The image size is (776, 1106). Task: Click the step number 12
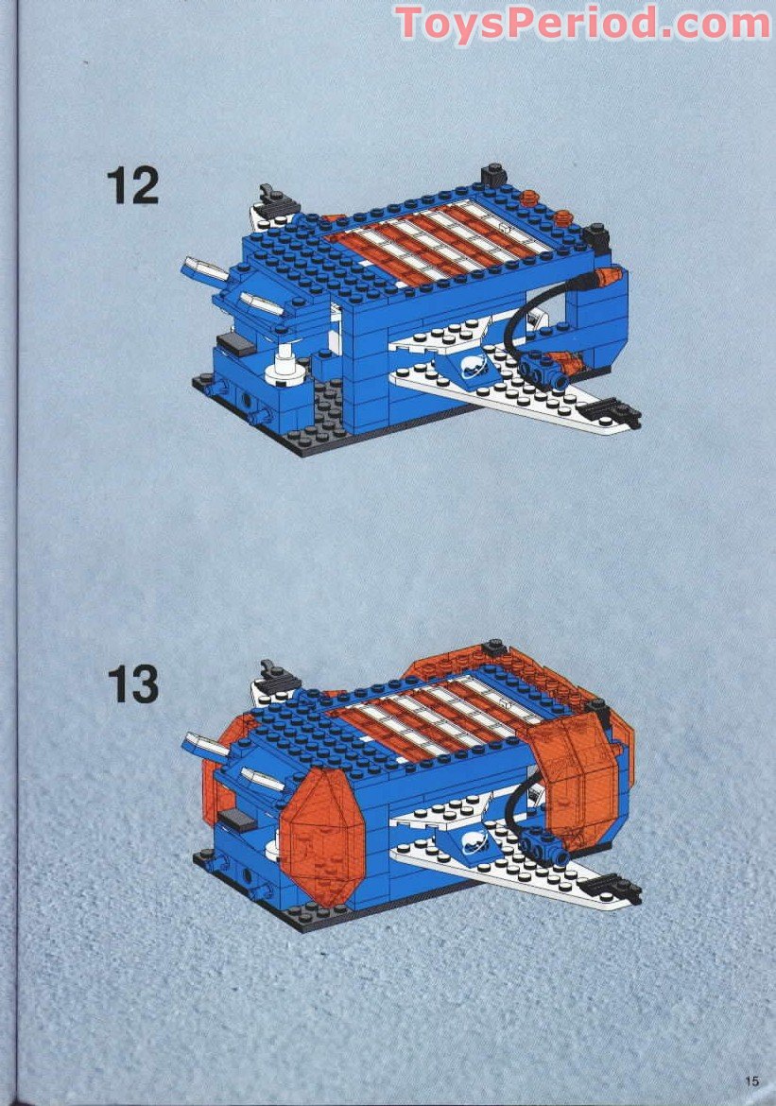tap(132, 185)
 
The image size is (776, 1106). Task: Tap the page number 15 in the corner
tap(752, 1081)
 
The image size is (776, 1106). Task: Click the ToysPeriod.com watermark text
tap(582, 23)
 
